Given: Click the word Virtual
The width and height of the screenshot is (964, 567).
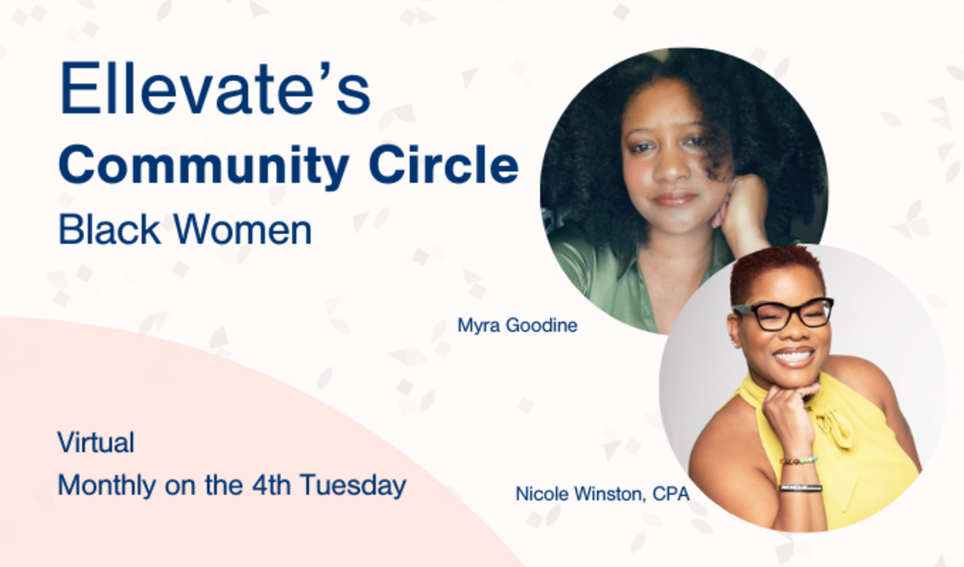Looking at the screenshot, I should (x=95, y=443).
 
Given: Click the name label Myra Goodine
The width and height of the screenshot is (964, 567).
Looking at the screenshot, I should (x=517, y=325).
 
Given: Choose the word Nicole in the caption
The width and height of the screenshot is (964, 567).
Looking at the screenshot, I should (x=539, y=494).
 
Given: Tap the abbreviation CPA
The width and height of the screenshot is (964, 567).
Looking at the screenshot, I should (x=671, y=494).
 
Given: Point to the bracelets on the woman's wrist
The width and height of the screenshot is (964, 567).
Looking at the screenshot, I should (x=800, y=474).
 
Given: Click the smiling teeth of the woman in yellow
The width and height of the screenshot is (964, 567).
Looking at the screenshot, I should (x=794, y=357).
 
